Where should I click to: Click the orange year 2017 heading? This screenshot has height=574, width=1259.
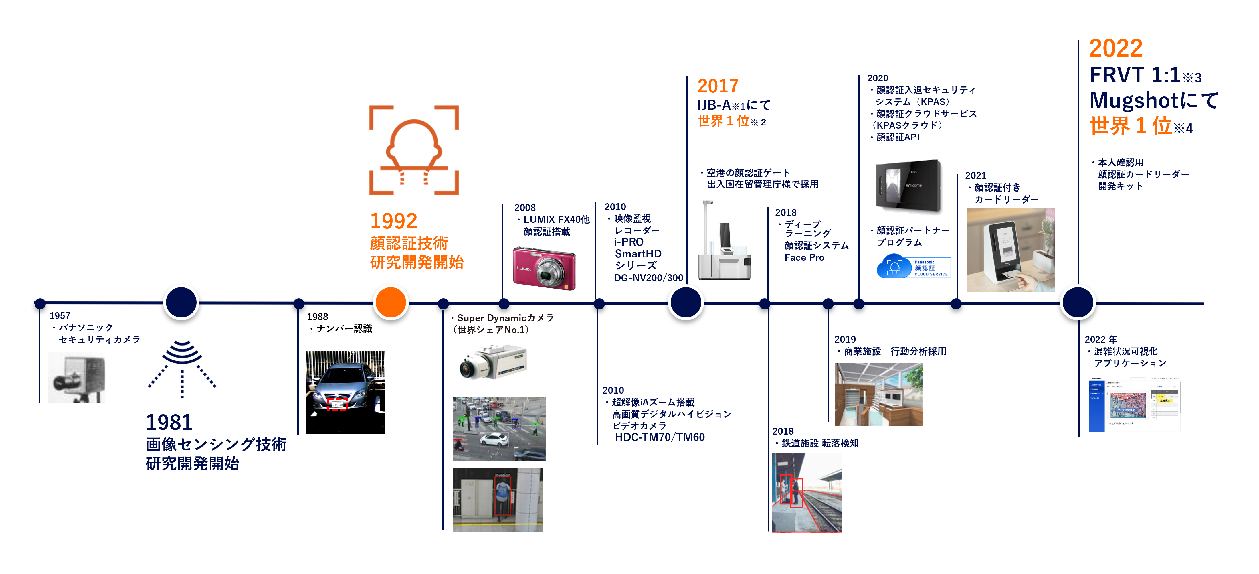point(717,86)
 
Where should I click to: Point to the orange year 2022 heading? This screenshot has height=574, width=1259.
point(1116,48)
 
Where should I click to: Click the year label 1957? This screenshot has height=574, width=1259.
point(60,316)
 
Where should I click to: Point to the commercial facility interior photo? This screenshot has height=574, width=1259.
point(878,394)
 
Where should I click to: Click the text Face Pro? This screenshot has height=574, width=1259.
point(804,258)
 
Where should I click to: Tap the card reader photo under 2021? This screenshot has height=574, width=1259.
point(1010,250)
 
